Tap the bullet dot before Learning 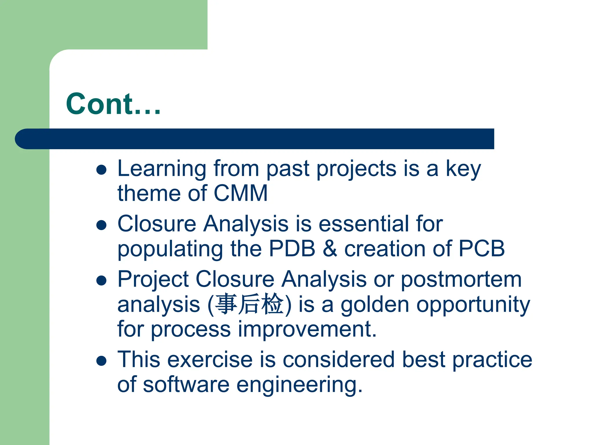[x=101, y=170]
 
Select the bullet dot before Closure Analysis [x=101, y=225]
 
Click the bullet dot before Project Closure [x=101, y=280]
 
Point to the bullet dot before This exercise [x=101, y=361]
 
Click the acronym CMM [x=241, y=193]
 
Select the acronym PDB [x=292, y=249]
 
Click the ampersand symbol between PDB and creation [x=330, y=249]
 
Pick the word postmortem [x=461, y=280]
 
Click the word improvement [x=307, y=329]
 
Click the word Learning [x=162, y=169]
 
